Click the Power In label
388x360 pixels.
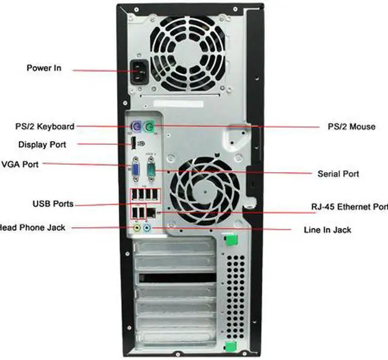pyautogui.click(x=44, y=68)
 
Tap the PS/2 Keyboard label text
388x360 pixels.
pyautogui.click(x=45, y=127)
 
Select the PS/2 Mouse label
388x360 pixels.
pyautogui.click(x=347, y=127)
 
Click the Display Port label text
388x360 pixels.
pyautogui.click(x=42, y=145)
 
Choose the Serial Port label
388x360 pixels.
pyautogui.click(x=338, y=174)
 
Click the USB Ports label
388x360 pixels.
pyautogui.click(x=53, y=202)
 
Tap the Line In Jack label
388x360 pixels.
pyautogui.click(x=327, y=230)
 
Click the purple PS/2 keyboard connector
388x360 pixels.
pyautogui.click(x=138, y=127)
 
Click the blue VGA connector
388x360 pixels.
pyautogui.click(x=137, y=170)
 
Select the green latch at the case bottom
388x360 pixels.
pyautogui.click(x=229, y=347)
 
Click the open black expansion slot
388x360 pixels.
pyautogui.click(x=177, y=278)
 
